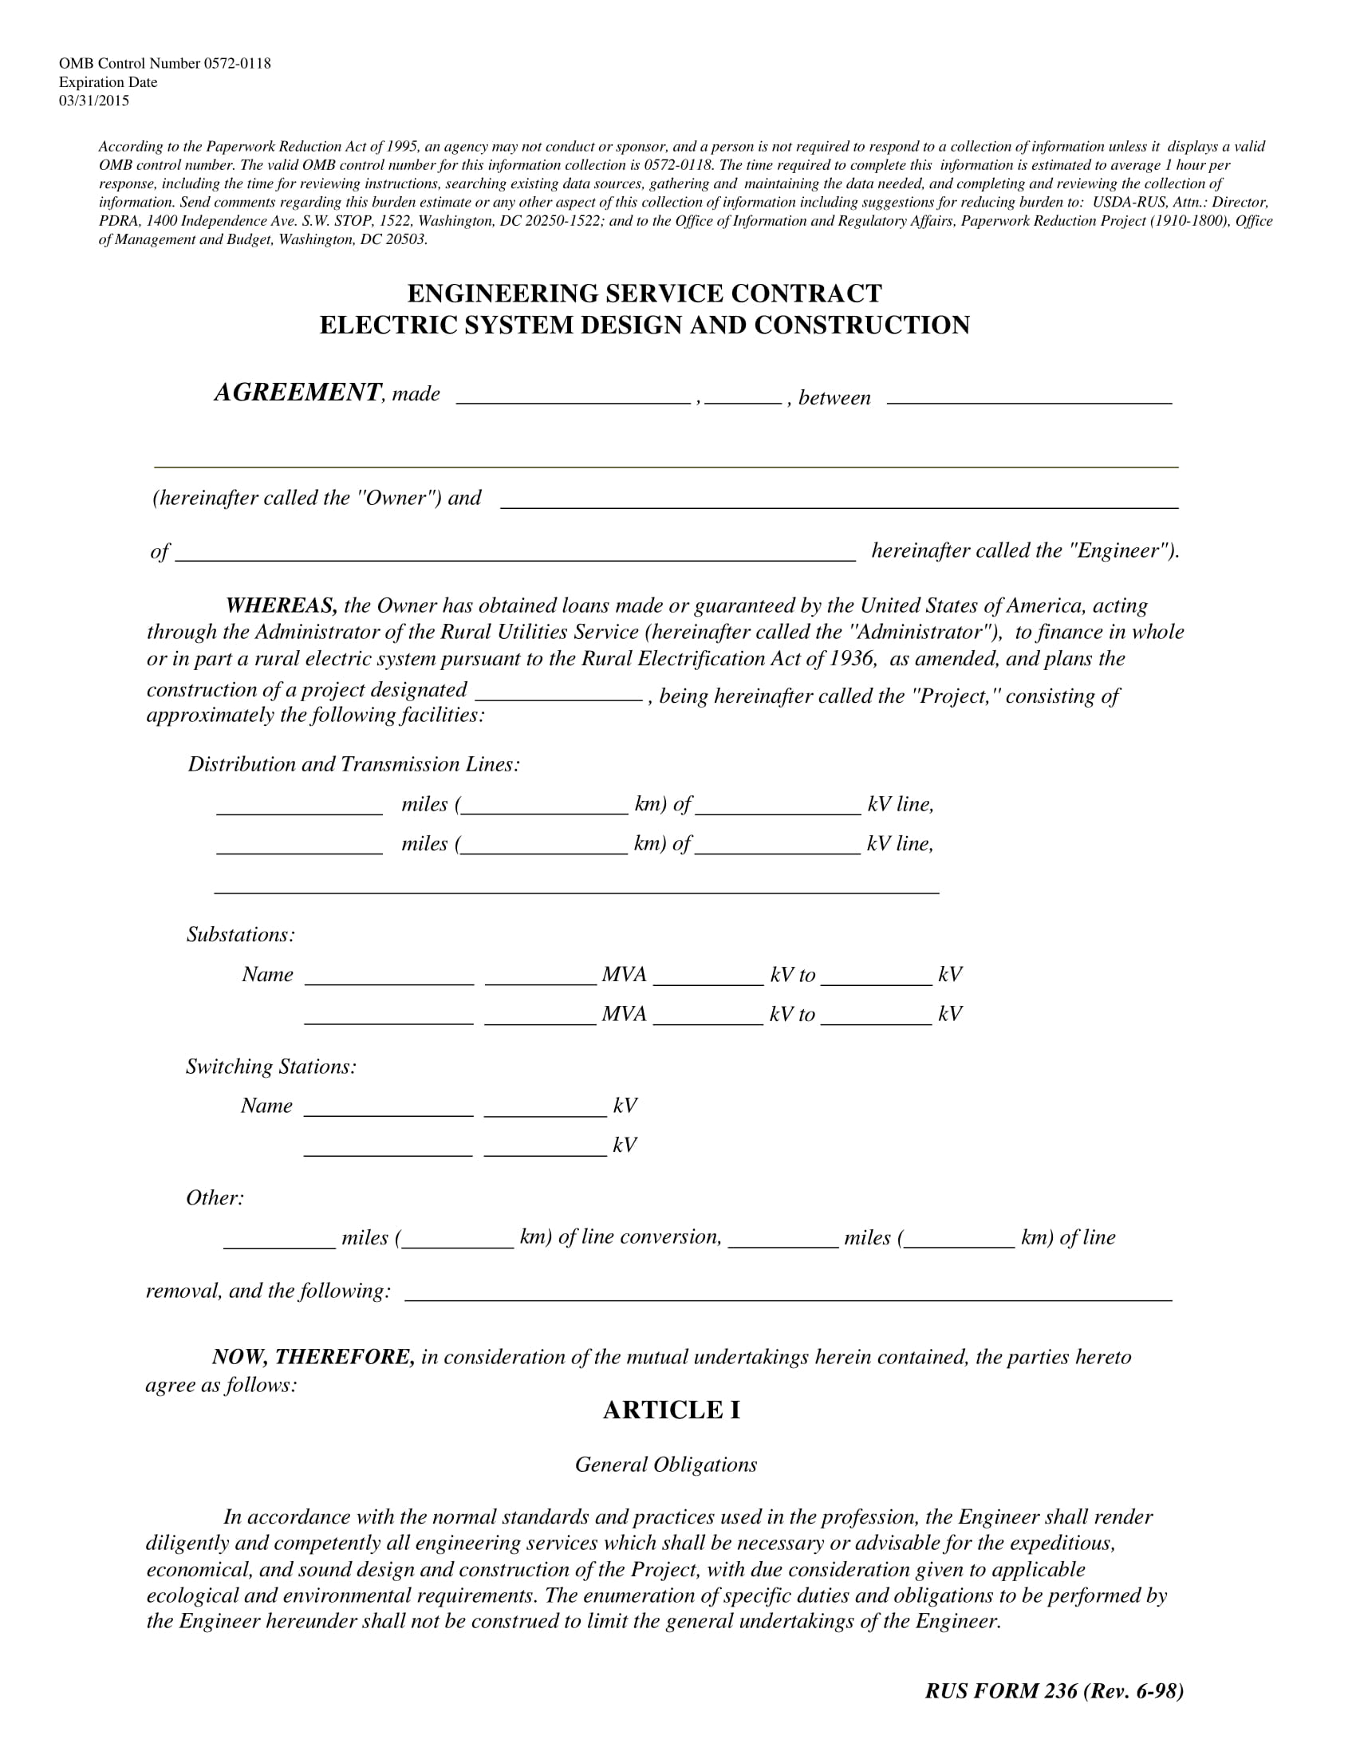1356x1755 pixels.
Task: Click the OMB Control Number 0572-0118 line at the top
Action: point(164,64)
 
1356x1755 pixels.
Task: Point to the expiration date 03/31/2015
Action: point(94,101)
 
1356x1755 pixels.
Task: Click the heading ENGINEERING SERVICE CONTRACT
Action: point(644,293)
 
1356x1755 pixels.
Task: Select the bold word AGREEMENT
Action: point(298,392)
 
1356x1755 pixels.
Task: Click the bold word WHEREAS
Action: point(281,605)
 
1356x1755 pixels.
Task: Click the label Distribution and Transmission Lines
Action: point(353,764)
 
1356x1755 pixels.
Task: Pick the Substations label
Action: point(241,935)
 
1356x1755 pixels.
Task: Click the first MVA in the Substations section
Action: point(625,975)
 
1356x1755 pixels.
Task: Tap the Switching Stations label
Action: point(270,1067)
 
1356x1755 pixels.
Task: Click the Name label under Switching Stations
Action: point(266,1106)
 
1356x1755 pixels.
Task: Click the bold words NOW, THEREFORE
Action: point(313,1357)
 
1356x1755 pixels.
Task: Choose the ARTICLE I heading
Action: point(672,1410)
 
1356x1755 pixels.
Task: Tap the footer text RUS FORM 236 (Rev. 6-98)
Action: point(1054,1690)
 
